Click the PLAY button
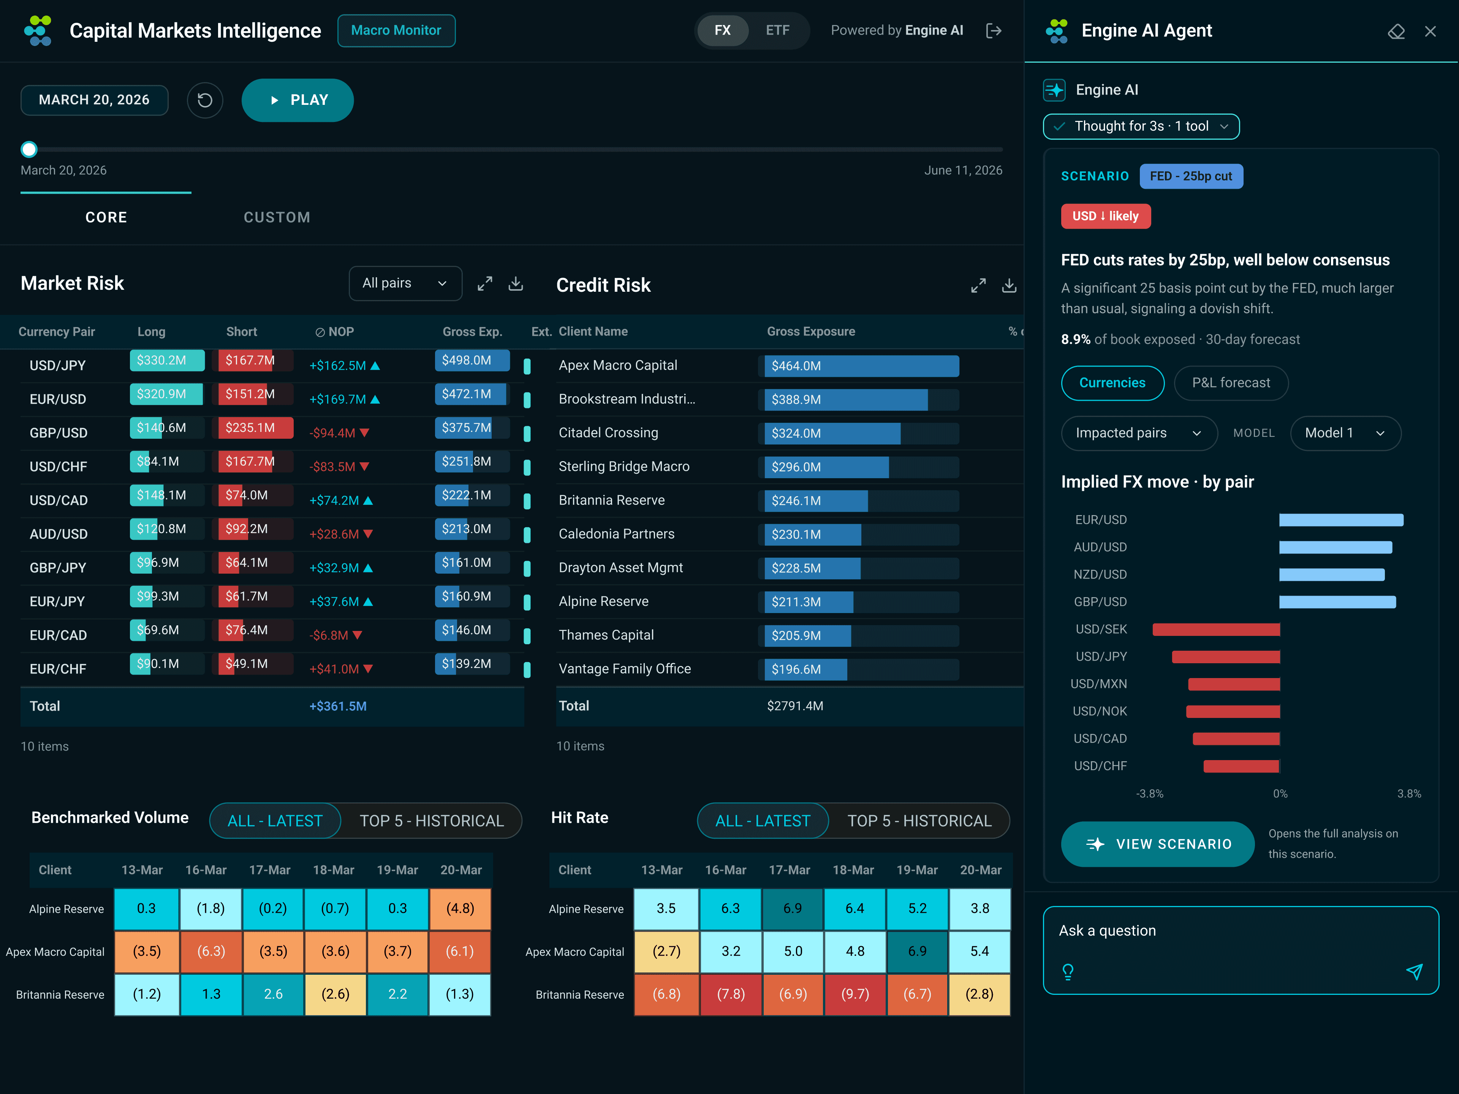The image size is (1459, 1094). point(297,100)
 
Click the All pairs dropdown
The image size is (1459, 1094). point(405,283)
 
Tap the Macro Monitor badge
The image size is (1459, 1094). point(396,30)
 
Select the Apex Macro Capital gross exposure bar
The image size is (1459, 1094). point(861,366)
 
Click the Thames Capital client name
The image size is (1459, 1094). point(606,635)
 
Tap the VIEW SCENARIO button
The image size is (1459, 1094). point(1158,844)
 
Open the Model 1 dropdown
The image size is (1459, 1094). point(1345,433)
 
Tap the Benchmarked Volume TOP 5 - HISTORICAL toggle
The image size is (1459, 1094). point(431,821)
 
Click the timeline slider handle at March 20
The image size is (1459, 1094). point(29,150)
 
